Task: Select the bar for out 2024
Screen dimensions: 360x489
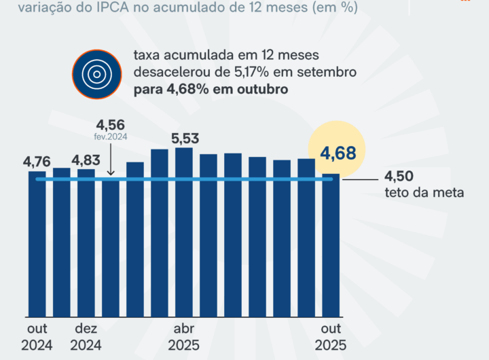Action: tap(37, 245)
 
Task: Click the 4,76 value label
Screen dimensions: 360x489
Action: tap(37, 162)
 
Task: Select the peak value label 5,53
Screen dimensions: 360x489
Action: tap(185, 139)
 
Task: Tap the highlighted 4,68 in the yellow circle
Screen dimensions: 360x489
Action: tap(338, 153)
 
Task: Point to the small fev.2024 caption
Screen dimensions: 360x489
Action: tap(110, 136)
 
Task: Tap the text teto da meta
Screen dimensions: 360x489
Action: tap(424, 193)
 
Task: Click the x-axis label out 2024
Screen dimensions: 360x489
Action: tap(37, 337)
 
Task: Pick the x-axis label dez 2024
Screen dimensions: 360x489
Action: tap(86, 337)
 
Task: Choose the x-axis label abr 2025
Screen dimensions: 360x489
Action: tap(184, 337)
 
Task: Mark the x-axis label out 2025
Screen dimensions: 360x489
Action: tap(331, 337)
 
